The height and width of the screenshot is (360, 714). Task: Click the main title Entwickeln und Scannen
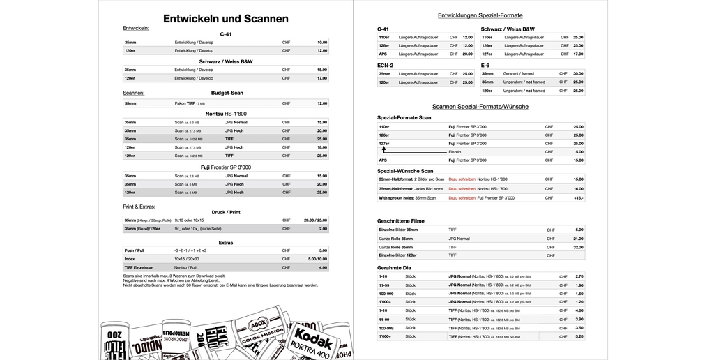(225, 19)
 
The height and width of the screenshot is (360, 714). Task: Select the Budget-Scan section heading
(227, 93)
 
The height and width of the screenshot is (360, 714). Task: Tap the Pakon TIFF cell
(190, 103)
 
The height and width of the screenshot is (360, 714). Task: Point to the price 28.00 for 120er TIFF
(321, 156)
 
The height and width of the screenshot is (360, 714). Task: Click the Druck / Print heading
(226, 212)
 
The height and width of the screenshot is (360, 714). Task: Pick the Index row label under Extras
(130, 259)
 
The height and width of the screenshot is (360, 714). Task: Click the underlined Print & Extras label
(139, 207)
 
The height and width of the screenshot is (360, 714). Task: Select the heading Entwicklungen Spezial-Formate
(480, 15)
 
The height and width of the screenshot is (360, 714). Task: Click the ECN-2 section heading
(385, 65)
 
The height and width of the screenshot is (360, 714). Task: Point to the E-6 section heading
(485, 65)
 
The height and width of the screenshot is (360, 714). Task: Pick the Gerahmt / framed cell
(519, 73)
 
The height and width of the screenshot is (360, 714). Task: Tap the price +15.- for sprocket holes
(578, 197)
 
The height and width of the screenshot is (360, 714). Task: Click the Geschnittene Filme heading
(401, 221)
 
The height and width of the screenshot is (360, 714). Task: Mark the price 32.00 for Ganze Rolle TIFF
(578, 247)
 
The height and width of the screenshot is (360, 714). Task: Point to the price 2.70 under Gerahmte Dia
(579, 276)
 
